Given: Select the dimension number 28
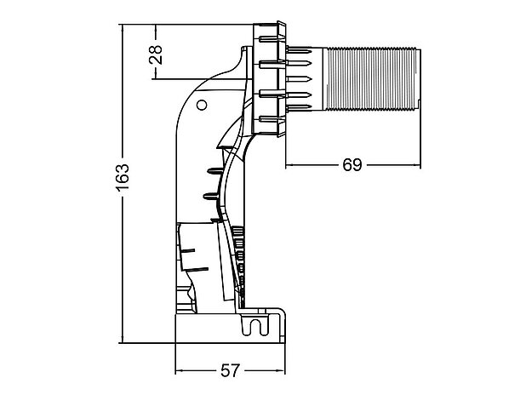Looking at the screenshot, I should pyautogui.click(x=155, y=54).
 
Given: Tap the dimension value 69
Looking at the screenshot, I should pyautogui.click(x=352, y=164).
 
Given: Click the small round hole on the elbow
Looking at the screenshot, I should pyautogui.click(x=202, y=106).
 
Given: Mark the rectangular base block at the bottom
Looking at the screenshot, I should pyautogui.click(x=230, y=327).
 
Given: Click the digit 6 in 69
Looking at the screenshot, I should pyautogui.click(x=346, y=164).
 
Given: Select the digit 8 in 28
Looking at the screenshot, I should pyautogui.click(x=155, y=49).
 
